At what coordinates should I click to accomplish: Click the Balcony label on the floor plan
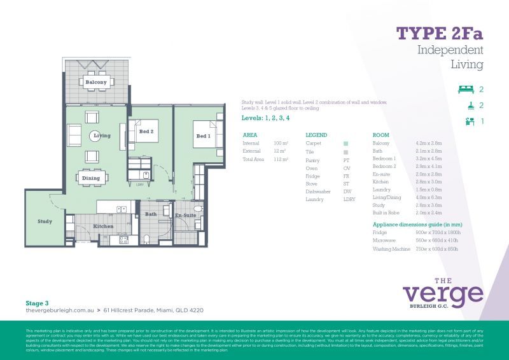[96, 83]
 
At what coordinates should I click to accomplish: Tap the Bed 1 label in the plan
[202, 136]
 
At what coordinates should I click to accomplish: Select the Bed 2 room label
[146, 132]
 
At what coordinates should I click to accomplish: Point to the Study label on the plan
[45, 221]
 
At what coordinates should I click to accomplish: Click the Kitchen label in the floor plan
[103, 226]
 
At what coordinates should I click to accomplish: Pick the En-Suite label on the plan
[186, 216]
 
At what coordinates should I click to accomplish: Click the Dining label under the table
[91, 179]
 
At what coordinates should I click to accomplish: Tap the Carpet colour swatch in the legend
[346, 144]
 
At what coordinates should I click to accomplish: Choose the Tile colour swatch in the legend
[346, 153]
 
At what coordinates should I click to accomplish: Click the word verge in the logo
[443, 293]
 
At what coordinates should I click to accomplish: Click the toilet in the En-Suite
[197, 209]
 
